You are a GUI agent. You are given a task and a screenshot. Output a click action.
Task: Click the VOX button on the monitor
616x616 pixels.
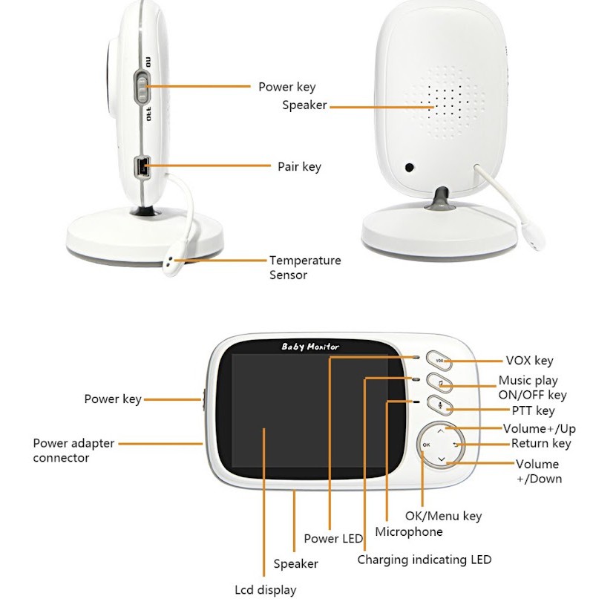(439, 360)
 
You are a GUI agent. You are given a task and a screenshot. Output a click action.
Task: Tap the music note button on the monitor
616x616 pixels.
(439, 382)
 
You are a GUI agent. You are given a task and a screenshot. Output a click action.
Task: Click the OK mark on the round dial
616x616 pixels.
(426, 445)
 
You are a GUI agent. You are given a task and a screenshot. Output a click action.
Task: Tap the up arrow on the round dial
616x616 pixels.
(441, 431)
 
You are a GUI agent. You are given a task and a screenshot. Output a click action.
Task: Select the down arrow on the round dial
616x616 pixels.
(442, 459)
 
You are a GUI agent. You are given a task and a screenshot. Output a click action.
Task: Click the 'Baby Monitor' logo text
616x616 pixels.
(310, 347)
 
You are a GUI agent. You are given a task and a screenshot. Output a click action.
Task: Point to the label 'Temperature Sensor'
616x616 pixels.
(305, 267)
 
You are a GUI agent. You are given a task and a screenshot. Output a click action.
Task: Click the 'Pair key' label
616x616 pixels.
(299, 166)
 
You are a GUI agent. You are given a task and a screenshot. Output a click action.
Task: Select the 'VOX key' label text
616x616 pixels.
(529, 361)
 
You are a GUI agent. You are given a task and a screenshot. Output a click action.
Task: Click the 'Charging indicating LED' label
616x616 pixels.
(425, 560)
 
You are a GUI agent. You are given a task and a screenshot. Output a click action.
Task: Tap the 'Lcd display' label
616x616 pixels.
(266, 590)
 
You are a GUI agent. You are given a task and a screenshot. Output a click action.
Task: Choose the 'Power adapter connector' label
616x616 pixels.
(73, 450)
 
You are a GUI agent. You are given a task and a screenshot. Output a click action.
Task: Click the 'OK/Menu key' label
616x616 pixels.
(443, 516)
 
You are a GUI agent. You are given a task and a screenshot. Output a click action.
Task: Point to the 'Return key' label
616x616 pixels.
(541, 444)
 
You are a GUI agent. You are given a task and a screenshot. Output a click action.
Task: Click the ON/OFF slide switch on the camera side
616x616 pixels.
(142, 88)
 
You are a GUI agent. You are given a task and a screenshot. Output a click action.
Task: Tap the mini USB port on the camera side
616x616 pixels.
(142, 166)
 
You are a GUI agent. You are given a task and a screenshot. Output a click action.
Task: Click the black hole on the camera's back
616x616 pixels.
(409, 167)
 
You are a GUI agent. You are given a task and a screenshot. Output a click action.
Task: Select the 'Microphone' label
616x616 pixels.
(409, 531)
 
